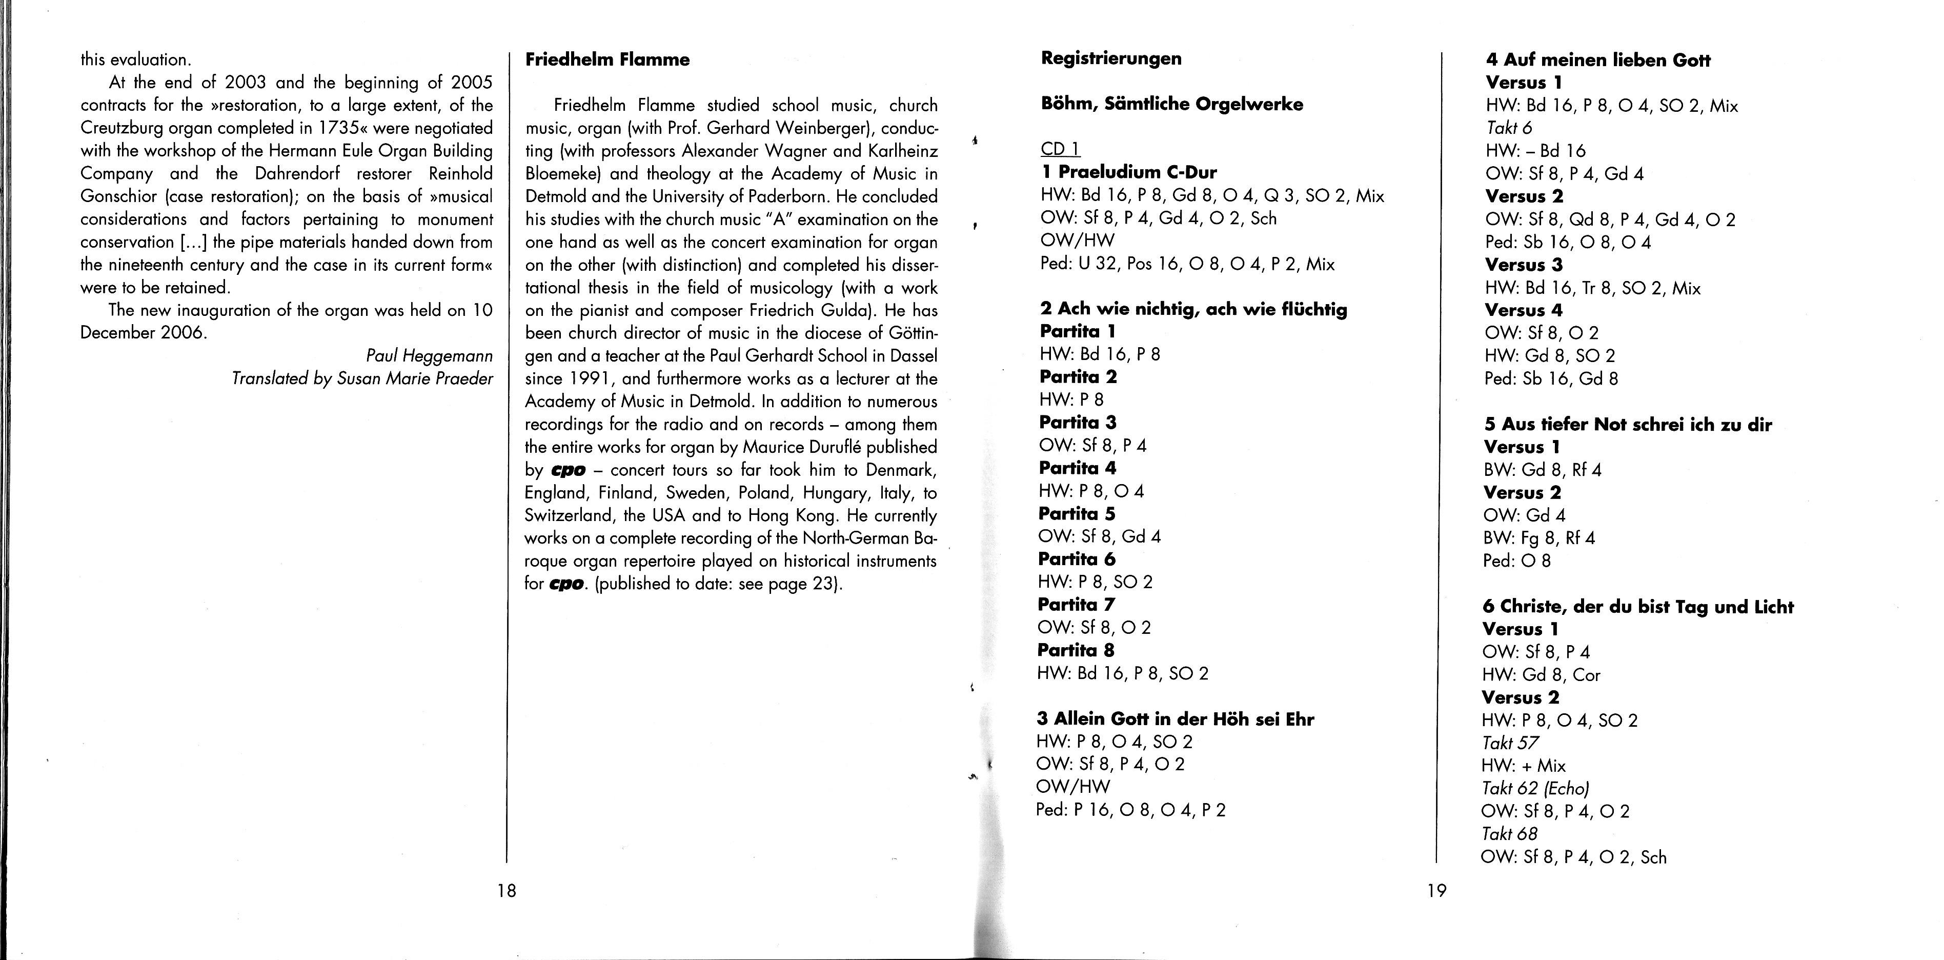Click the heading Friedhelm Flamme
point(607,59)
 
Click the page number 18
point(507,891)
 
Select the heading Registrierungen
point(1111,58)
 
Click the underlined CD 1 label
point(1060,149)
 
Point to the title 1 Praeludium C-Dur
point(1128,172)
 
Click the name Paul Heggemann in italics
point(429,355)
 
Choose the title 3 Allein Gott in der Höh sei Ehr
point(1175,719)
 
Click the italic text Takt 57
point(1510,743)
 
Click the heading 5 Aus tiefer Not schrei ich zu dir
point(1628,424)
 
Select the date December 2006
point(143,333)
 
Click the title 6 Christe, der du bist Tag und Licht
point(1637,607)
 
